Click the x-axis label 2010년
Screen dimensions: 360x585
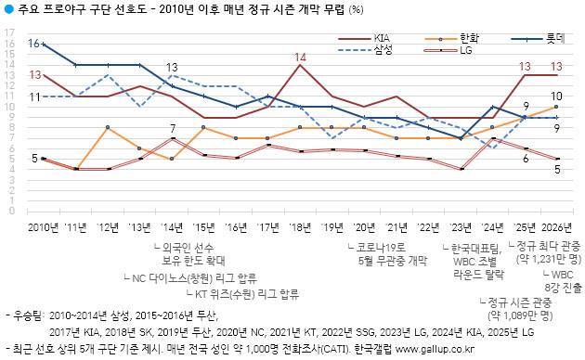43,226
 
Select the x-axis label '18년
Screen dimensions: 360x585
300,226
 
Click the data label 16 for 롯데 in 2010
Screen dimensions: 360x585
33,43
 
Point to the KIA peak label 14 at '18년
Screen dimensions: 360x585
300,58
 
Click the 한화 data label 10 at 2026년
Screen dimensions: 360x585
556,96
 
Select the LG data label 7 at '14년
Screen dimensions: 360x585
173,128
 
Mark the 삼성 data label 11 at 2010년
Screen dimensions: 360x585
33,96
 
